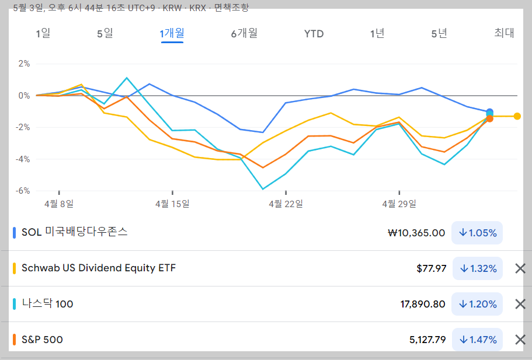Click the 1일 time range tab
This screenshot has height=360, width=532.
(x=43, y=33)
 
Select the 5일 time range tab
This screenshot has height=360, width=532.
(x=105, y=33)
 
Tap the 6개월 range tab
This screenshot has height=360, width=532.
(x=244, y=33)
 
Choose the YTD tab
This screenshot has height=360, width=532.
(x=314, y=34)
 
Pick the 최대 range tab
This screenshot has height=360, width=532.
(x=504, y=33)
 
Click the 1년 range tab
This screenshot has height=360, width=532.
(x=377, y=33)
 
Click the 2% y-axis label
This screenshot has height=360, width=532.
(x=24, y=64)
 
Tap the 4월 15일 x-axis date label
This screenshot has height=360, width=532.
(x=172, y=204)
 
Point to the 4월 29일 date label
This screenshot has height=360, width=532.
(x=399, y=204)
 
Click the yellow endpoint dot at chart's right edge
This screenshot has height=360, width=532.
(x=517, y=116)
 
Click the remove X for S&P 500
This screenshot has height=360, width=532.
(x=520, y=340)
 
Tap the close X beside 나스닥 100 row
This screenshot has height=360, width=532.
(x=520, y=304)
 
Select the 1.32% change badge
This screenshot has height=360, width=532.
(x=478, y=268)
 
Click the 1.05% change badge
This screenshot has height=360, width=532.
(x=478, y=233)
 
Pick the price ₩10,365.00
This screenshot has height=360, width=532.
(x=416, y=233)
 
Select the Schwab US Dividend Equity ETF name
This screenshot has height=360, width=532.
(x=99, y=268)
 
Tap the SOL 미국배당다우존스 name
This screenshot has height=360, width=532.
(x=74, y=232)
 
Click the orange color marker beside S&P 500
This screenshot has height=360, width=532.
(x=14, y=340)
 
